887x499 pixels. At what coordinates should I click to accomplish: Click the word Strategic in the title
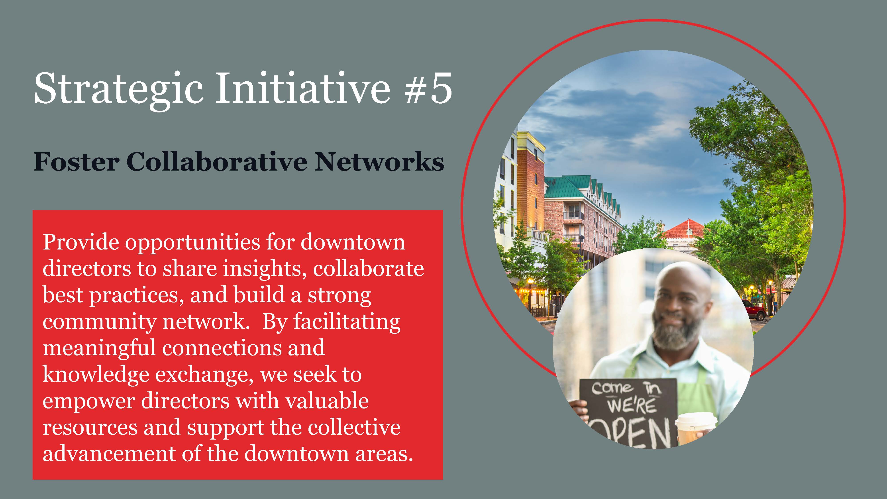[x=118, y=88]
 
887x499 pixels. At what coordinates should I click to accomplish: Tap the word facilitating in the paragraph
[x=347, y=322]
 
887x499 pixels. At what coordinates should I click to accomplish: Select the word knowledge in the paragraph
[x=96, y=375]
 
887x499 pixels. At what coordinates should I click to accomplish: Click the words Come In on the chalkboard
[x=627, y=389]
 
